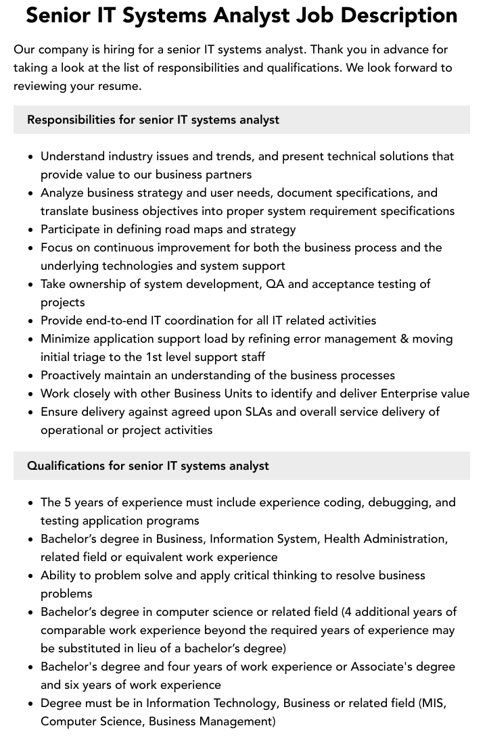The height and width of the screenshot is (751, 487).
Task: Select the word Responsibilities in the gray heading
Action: (71, 120)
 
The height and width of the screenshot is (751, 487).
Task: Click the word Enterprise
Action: (409, 393)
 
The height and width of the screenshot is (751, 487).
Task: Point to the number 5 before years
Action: (68, 502)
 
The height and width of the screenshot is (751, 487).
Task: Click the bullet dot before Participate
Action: (30, 230)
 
